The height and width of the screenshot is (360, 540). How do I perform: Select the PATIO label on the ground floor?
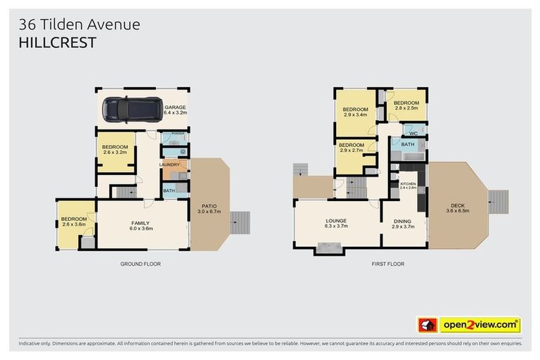210,208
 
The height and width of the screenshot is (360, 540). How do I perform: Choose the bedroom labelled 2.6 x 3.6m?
73,221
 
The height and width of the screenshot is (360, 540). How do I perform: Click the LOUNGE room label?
336,223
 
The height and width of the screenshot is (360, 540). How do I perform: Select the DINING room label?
402,223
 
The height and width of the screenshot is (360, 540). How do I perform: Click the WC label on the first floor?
413,132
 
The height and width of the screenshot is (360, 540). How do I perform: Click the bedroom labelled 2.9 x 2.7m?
352,148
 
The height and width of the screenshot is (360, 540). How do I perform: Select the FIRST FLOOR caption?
388,264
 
